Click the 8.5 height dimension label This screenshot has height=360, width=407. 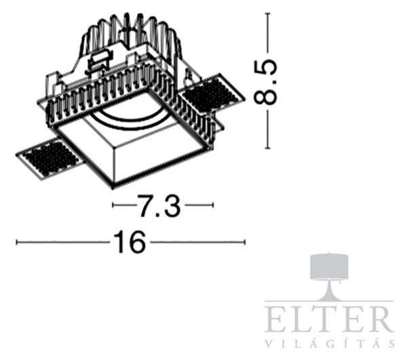click(265, 81)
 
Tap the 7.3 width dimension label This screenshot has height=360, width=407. click(159, 205)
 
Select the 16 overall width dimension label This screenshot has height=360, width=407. click(130, 242)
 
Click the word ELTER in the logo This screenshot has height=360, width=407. click(328, 319)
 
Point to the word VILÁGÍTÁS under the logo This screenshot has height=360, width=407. click(330, 343)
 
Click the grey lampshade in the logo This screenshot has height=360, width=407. click(330, 266)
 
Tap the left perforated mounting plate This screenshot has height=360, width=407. click(50, 158)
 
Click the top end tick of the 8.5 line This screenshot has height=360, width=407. click(268, 13)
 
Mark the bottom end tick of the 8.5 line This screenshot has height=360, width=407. click(268, 148)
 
